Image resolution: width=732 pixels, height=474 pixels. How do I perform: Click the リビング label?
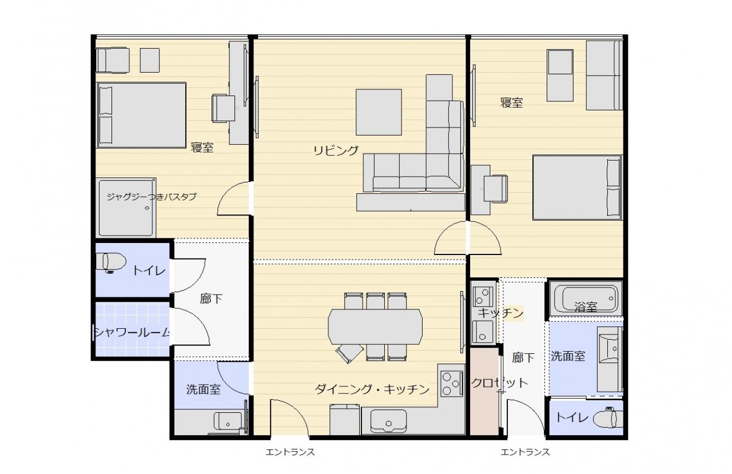tap(336, 150)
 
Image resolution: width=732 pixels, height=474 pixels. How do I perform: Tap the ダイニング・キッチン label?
tap(372, 389)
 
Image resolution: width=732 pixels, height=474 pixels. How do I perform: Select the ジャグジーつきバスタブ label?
tap(152, 197)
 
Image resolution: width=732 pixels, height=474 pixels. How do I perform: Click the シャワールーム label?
tap(132, 333)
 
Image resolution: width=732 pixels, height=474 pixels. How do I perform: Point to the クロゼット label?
tap(499, 383)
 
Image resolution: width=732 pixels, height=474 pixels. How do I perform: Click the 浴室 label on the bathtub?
tap(586, 306)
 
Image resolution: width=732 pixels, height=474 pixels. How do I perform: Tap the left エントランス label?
tap(290, 452)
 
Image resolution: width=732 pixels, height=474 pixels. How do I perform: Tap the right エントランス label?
tap(525, 452)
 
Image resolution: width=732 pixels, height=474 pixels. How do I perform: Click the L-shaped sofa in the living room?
tap(438, 164)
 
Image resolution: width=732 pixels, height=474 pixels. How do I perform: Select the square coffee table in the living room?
tap(379, 112)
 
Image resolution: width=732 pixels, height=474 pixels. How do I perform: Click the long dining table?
tap(375, 326)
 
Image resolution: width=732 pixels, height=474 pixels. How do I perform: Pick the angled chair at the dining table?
tap(349, 353)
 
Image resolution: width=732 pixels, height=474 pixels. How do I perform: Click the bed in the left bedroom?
tap(141, 115)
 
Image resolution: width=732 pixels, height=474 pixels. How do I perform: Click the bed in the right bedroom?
tap(578, 188)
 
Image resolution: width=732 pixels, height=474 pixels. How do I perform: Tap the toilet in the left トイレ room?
tap(111, 262)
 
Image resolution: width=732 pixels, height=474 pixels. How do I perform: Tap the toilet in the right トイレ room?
tap(608, 418)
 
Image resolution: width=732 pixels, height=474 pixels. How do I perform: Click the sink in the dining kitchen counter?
tap(388, 421)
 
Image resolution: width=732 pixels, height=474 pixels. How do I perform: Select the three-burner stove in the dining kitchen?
tap(452, 384)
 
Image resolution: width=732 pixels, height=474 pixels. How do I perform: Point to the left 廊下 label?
tap(211, 298)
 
